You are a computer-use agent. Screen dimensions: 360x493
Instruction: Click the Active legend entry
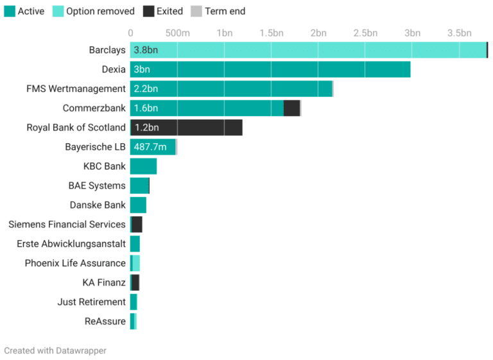click(25, 11)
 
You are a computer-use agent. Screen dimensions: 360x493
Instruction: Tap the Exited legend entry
click(164, 11)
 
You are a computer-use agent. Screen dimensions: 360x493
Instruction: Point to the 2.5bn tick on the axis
click(365, 33)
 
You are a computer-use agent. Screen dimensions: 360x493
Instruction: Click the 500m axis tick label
click(177, 33)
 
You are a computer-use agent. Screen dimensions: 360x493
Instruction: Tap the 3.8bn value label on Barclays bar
click(146, 50)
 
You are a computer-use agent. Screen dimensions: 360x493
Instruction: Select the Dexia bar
click(270, 69)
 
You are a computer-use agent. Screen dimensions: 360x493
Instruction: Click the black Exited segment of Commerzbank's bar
click(291, 108)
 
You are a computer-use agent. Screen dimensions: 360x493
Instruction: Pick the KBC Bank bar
click(143, 166)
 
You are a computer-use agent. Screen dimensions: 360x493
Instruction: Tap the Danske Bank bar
click(138, 205)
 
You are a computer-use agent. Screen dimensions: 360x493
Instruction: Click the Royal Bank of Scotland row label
click(76, 128)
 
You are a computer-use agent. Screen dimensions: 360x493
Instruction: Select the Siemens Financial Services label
click(67, 225)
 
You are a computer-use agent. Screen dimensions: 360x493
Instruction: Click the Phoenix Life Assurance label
click(75, 263)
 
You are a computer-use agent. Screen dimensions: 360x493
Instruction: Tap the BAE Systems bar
click(139, 186)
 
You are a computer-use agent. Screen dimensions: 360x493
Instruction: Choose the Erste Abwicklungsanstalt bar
click(135, 244)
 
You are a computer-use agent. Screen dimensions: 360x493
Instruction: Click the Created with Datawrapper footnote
click(55, 350)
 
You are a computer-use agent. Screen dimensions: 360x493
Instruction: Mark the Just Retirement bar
click(134, 302)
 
